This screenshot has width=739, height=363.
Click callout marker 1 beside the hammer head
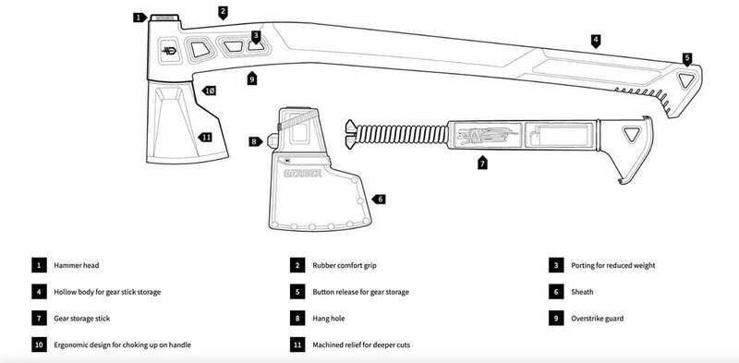(139, 18)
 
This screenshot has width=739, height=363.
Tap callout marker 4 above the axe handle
(596, 41)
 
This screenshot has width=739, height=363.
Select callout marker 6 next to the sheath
(379, 200)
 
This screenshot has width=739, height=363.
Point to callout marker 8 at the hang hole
(256, 141)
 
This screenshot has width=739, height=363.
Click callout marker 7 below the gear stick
(481, 163)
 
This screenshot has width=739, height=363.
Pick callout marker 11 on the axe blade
(205, 138)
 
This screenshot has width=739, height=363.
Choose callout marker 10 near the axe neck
(209, 91)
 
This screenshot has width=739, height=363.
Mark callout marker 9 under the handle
(252, 79)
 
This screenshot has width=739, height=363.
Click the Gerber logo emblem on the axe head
(169, 51)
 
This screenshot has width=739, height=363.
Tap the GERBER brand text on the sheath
(303, 173)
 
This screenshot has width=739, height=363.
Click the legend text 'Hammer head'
(77, 265)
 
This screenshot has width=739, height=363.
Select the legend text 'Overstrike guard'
(597, 319)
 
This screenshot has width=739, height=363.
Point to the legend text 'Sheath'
(582, 292)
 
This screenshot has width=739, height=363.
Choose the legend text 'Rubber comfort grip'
(345, 265)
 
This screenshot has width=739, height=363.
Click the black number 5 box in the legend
(297, 292)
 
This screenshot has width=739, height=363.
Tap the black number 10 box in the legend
(39, 345)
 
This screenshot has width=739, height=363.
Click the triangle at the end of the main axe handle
(685, 80)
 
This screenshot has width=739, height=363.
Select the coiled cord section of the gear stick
(401, 134)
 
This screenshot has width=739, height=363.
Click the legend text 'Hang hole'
(329, 319)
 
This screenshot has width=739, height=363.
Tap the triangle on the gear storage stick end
(631, 134)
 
